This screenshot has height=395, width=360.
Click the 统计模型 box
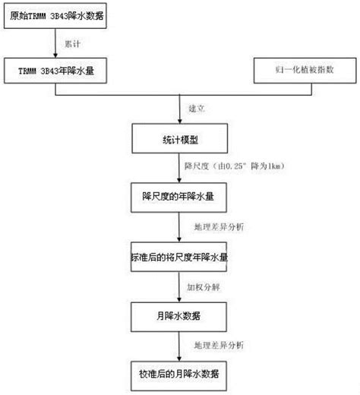(x=180, y=141)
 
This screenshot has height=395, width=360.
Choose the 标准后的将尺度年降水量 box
(x=180, y=258)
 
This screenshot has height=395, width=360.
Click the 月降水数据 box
(x=180, y=315)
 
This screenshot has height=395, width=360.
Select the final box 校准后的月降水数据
(x=180, y=374)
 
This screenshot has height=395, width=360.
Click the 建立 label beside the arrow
(x=196, y=109)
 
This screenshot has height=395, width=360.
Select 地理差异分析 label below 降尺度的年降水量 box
(x=219, y=226)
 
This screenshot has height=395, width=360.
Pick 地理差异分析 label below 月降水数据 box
(x=219, y=346)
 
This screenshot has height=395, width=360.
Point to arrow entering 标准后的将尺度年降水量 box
(x=180, y=228)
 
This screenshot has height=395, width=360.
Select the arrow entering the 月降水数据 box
(x=180, y=287)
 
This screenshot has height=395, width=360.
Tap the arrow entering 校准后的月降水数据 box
(x=180, y=346)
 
